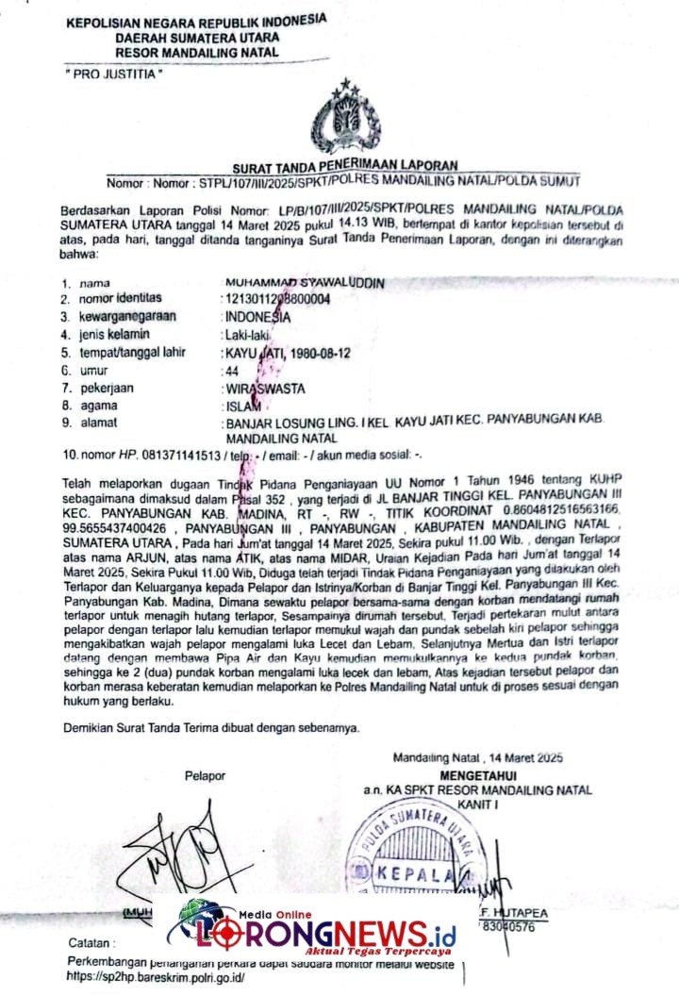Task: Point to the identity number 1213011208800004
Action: [277, 300]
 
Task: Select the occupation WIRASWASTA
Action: [264, 388]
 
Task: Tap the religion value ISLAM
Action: [241, 406]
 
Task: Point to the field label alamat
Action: [98, 423]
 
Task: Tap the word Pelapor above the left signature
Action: [206, 776]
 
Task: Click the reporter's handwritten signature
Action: [184, 854]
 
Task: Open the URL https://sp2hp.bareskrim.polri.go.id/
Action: [156, 978]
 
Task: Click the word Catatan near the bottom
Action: [93, 943]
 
